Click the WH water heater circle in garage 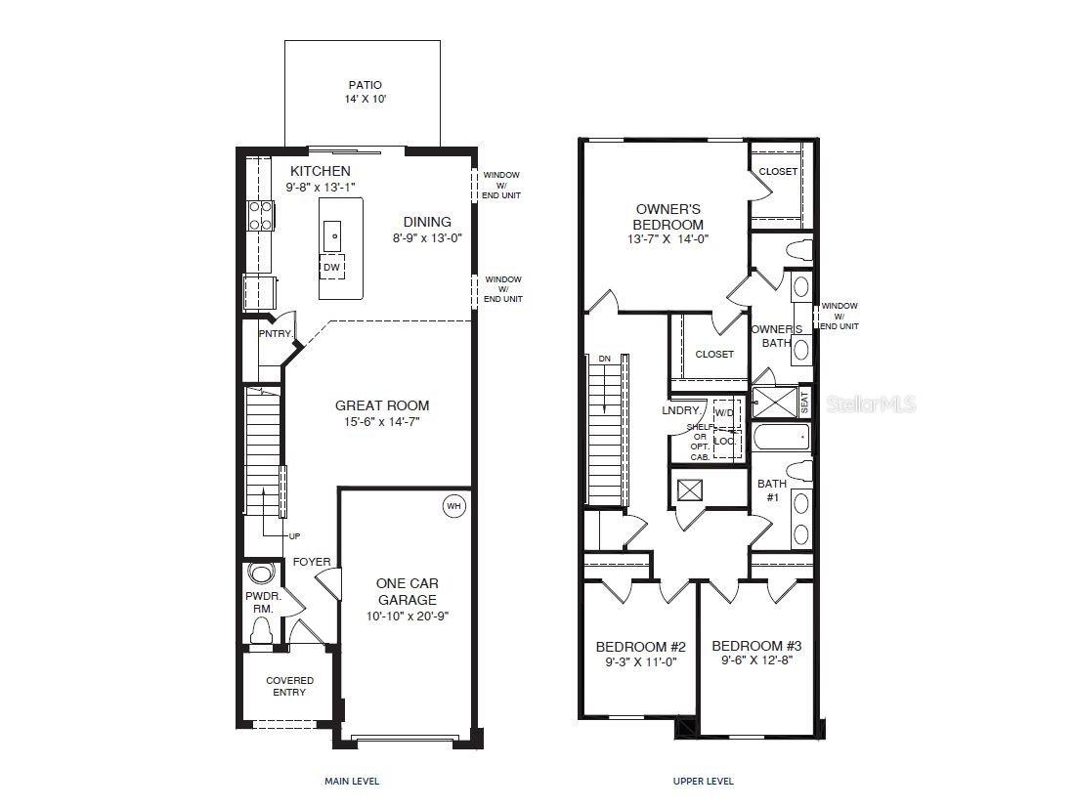click(x=453, y=506)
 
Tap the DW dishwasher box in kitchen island click(x=331, y=266)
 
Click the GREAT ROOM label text click(x=381, y=405)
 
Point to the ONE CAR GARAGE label click(x=407, y=591)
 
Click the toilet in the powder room click(x=260, y=633)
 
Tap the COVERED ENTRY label click(x=290, y=686)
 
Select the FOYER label click(x=312, y=562)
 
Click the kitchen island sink click(x=332, y=234)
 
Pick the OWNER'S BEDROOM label click(x=668, y=216)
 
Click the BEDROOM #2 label click(x=640, y=647)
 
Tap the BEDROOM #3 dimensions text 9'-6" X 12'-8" click(x=755, y=661)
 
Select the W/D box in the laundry click(x=724, y=413)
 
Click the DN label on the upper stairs click(x=604, y=359)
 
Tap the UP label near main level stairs click(x=294, y=536)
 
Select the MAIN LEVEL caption click(x=351, y=781)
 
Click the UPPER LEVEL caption click(x=703, y=781)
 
